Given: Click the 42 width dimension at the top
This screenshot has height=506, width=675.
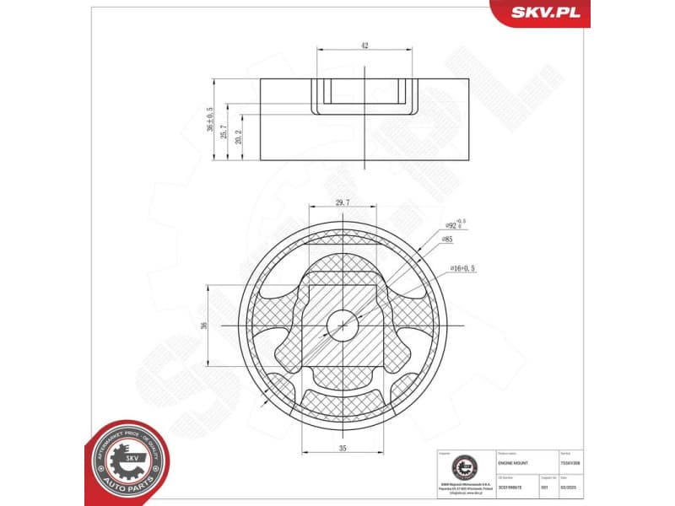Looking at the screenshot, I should click(x=364, y=46).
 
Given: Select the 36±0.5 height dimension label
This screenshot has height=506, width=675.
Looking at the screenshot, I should click(x=210, y=120).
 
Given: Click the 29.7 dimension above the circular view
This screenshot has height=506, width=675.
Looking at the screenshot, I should click(x=343, y=202).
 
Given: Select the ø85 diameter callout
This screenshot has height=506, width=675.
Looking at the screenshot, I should click(x=446, y=240).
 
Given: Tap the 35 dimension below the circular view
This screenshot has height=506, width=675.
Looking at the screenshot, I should click(x=343, y=449).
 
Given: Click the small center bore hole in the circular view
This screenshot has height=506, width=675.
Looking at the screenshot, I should click(x=343, y=325).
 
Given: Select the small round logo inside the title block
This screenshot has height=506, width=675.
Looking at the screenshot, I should click(x=463, y=469).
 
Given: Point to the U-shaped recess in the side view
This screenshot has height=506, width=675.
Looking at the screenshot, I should click(x=364, y=97).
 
